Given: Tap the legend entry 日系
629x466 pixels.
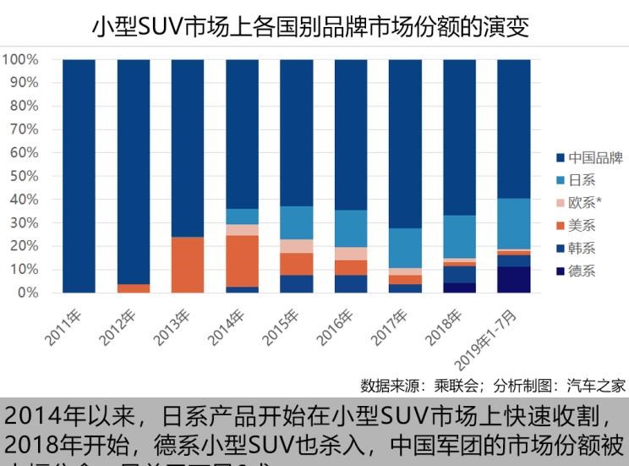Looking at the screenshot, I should [x=582, y=180].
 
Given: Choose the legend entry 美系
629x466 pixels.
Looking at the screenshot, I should [x=582, y=225].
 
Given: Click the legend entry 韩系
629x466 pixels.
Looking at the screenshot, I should [x=582, y=248].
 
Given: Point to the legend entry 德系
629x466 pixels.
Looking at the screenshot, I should [x=582, y=271].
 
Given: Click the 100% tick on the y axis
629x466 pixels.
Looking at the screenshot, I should [x=20, y=60].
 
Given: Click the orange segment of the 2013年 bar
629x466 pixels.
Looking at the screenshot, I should [x=188, y=265].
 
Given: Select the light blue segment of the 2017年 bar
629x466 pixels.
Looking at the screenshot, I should [x=405, y=248].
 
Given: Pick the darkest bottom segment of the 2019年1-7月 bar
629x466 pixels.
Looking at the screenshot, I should [x=513, y=280].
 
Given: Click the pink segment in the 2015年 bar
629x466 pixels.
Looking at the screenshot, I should [x=296, y=246].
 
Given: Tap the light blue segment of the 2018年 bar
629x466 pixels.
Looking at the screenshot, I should [x=459, y=236].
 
